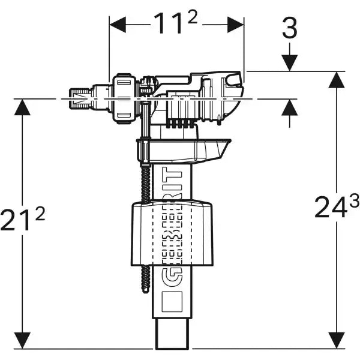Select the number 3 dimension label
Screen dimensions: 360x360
click(289, 28)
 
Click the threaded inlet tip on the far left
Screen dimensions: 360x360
click(77, 99)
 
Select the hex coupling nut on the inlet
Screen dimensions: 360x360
click(124, 97)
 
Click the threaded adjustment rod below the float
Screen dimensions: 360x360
click(145, 276)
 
